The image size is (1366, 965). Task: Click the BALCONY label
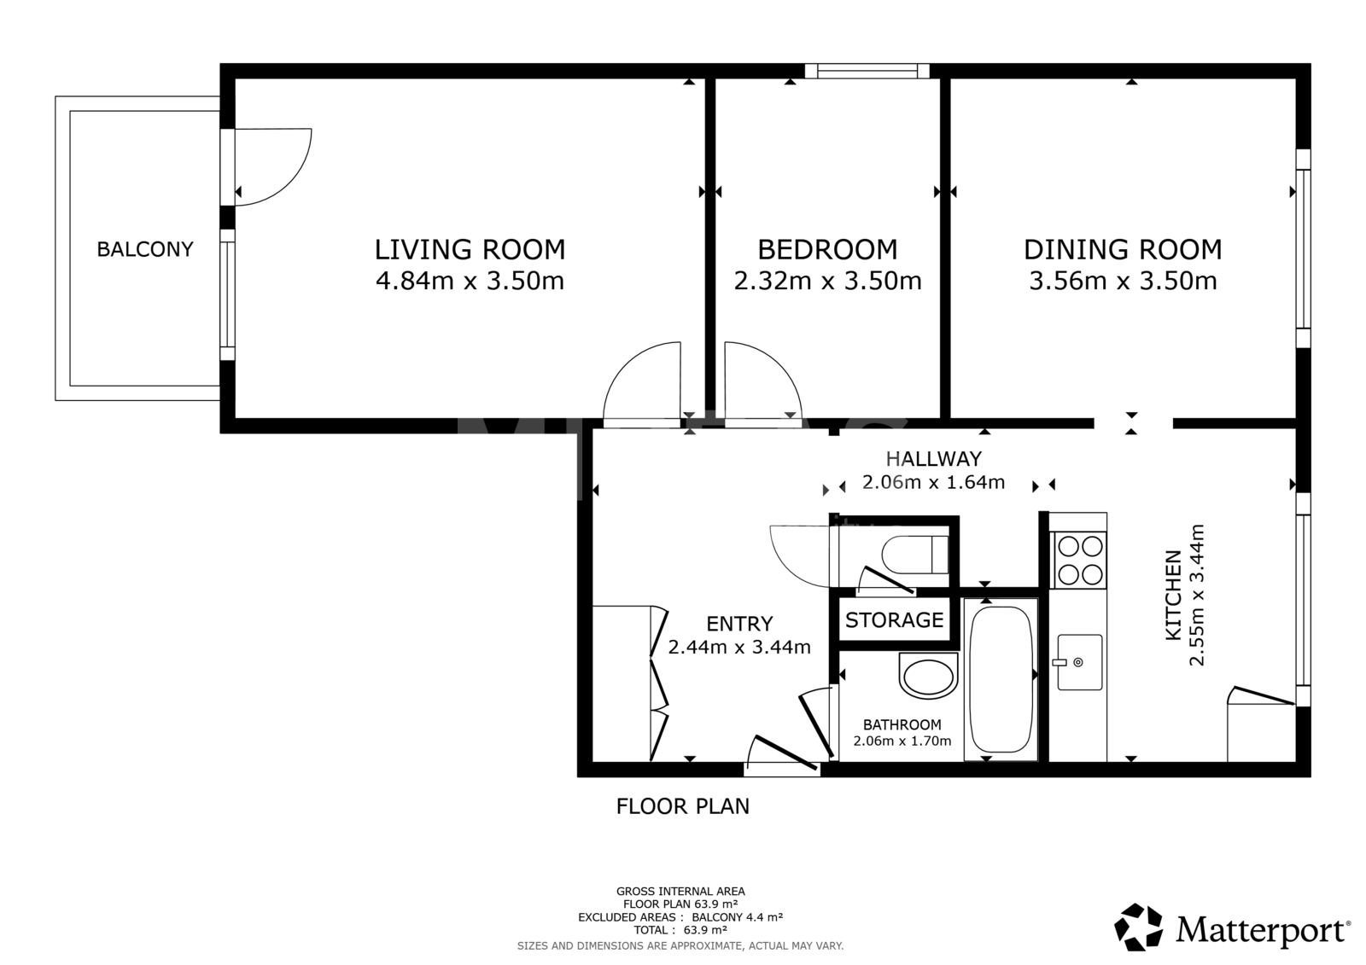145,249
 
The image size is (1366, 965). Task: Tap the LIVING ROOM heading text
470,249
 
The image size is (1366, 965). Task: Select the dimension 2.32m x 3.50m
827,281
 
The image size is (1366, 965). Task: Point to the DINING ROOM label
1123,249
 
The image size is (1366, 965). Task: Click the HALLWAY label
934,458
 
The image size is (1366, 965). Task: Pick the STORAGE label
894,620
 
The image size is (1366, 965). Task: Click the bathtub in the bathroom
1001,679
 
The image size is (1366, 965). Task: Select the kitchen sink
1079,662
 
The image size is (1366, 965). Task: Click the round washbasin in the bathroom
927,677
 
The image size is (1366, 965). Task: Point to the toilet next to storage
914,555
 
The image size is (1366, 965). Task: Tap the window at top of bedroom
867,71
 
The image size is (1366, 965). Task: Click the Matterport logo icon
1138,927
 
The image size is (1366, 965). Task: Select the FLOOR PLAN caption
682,806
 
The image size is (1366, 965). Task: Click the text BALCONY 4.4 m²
738,917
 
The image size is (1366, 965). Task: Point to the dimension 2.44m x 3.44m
739,647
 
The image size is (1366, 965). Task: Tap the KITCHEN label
1173,595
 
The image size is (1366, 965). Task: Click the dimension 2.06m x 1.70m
902,741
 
